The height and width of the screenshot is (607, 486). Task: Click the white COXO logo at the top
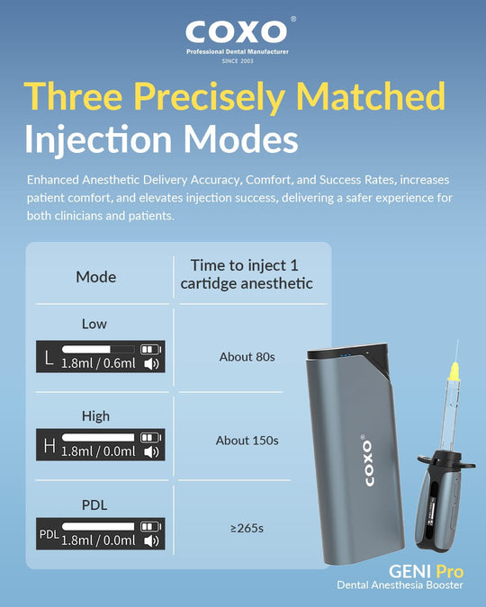click(x=237, y=31)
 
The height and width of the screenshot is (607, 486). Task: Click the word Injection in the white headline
click(x=98, y=139)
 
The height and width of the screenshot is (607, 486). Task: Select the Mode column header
click(x=96, y=277)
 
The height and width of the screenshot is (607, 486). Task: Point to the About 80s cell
click(x=247, y=356)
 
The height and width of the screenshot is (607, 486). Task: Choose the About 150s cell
click(x=247, y=440)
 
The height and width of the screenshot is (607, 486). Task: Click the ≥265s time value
click(x=247, y=528)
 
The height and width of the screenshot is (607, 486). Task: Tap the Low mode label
click(x=94, y=324)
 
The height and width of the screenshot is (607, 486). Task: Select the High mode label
click(x=95, y=416)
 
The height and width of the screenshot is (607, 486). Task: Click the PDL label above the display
click(x=94, y=504)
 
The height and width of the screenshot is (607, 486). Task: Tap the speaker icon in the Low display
click(x=151, y=364)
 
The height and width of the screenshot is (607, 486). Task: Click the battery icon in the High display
click(x=151, y=437)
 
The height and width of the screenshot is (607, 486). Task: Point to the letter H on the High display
click(x=49, y=445)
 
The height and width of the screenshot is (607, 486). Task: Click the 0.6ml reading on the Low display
click(x=119, y=363)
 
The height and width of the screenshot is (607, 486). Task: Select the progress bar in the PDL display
click(x=98, y=526)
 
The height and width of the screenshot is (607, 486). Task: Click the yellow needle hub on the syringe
click(x=453, y=370)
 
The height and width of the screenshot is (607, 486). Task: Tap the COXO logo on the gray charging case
click(x=369, y=462)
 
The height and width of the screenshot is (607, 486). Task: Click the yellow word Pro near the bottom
click(x=450, y=571)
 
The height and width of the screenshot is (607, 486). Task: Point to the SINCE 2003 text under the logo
click(x=238, y=61)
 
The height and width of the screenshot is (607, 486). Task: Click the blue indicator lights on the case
click(x=346, y=355)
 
